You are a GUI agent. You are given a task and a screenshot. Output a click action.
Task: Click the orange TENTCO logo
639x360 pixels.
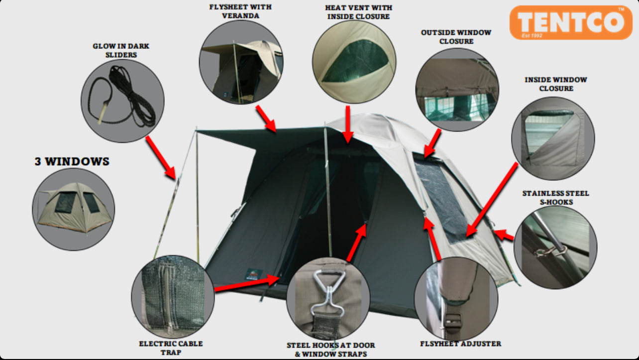coord(571,22)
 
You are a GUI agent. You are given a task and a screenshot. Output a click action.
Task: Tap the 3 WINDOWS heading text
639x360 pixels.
coord(72,161)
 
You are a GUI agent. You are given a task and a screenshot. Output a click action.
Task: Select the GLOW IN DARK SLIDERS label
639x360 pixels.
coord(121,50)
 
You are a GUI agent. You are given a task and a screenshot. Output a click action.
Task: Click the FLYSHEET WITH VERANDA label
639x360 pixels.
coord(240,11)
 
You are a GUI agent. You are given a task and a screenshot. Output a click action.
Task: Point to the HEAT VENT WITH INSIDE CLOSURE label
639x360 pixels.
coord(359,12)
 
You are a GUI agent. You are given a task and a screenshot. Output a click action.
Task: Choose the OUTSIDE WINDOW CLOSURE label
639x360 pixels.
coord(456,37)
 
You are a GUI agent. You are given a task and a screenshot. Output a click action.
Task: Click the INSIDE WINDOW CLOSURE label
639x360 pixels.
coord(556,84)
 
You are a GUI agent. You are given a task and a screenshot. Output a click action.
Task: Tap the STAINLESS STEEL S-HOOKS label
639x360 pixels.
coord(556,198)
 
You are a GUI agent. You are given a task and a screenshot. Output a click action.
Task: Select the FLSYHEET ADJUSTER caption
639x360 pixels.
coord(460,344)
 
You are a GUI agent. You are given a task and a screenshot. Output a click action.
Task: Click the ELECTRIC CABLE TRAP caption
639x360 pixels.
coord(171,348)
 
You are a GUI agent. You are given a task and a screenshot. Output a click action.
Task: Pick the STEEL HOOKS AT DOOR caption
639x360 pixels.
coord(331,345)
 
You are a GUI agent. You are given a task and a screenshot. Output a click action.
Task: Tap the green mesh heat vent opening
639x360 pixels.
coord(355,61)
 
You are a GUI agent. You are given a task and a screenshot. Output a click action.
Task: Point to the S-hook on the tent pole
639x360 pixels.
coord(550,251)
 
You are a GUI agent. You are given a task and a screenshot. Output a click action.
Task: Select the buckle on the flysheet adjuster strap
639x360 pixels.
coord(452,322)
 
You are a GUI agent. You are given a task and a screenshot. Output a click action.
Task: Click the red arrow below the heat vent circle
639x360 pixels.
coord(348,124)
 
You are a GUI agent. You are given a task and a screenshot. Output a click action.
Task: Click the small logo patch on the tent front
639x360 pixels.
coord(253,274)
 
